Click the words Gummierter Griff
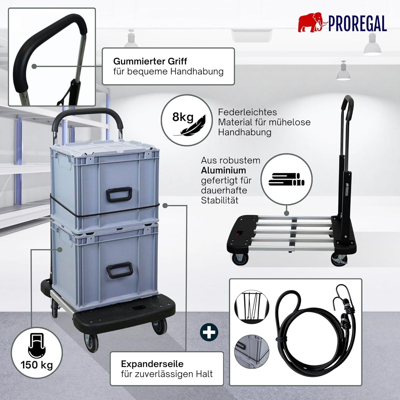click(x=150, y=61)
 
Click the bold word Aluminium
click(x=223, y=171)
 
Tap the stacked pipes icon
click(x=287, y=179)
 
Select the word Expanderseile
click(x=152, y=364)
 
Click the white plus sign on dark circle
click(x=209, y=332)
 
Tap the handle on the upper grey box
click(x=119, y=195)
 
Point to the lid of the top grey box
click(x=104, y=148)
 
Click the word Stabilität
click(x=220, y=200)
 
